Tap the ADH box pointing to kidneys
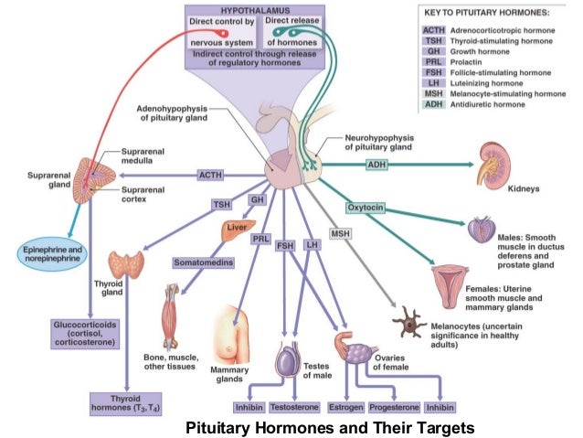(x=376, y=165)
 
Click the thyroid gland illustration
(x=125, y=264)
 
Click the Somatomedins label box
(x=203, y=263)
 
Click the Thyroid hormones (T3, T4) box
(x=125, y=403)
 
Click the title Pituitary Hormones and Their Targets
(x=331, y=427)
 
